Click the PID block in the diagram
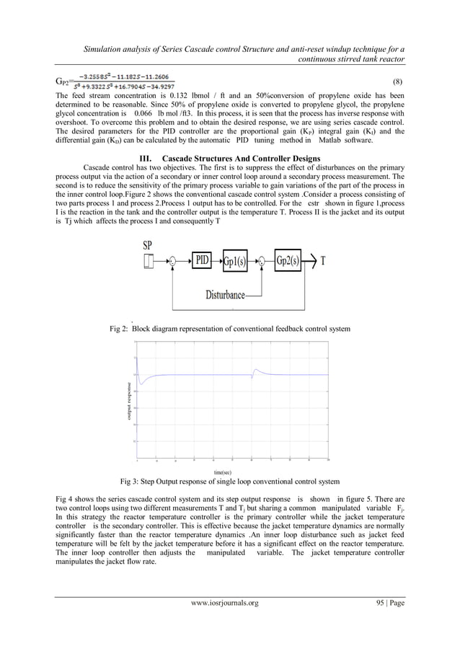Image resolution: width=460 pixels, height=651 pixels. (202, 260)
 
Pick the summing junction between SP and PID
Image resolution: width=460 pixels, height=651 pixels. (174, 261)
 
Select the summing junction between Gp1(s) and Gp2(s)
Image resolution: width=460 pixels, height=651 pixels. (262, 261)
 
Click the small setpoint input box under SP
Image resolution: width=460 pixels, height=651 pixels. (149, 261)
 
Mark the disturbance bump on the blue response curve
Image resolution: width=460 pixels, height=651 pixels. (255, 371)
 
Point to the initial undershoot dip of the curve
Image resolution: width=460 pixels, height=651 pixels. (141, 383)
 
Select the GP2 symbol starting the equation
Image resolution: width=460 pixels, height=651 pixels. (62, 81)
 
